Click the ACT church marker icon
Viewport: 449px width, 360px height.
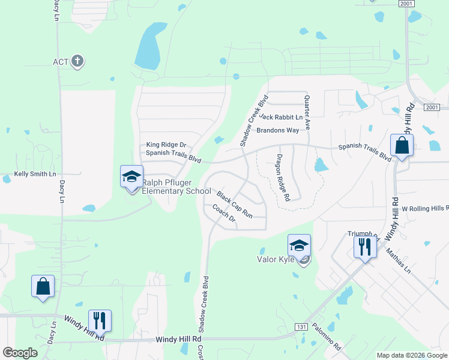(77, 61)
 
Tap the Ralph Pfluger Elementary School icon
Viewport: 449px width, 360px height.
(131, 177)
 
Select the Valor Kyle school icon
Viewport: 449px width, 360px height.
(299, 246)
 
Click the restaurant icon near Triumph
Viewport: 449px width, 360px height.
(365, 247)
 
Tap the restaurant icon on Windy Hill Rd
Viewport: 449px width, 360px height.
(100, 320)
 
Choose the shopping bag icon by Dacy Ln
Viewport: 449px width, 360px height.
(43, 286)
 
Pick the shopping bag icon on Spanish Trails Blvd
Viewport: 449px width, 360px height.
(401, 145)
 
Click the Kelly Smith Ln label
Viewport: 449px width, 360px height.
(35, 174)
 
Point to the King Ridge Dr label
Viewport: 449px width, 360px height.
(167, 145)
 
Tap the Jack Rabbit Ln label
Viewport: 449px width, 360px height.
(281, 116)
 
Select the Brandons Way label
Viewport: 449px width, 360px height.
(277, 130)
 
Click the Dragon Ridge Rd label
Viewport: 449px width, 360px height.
(283, 177)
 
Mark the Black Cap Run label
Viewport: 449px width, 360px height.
(235, 205)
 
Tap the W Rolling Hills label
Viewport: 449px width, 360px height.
(425, 208)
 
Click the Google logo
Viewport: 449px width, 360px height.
(20, 353)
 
